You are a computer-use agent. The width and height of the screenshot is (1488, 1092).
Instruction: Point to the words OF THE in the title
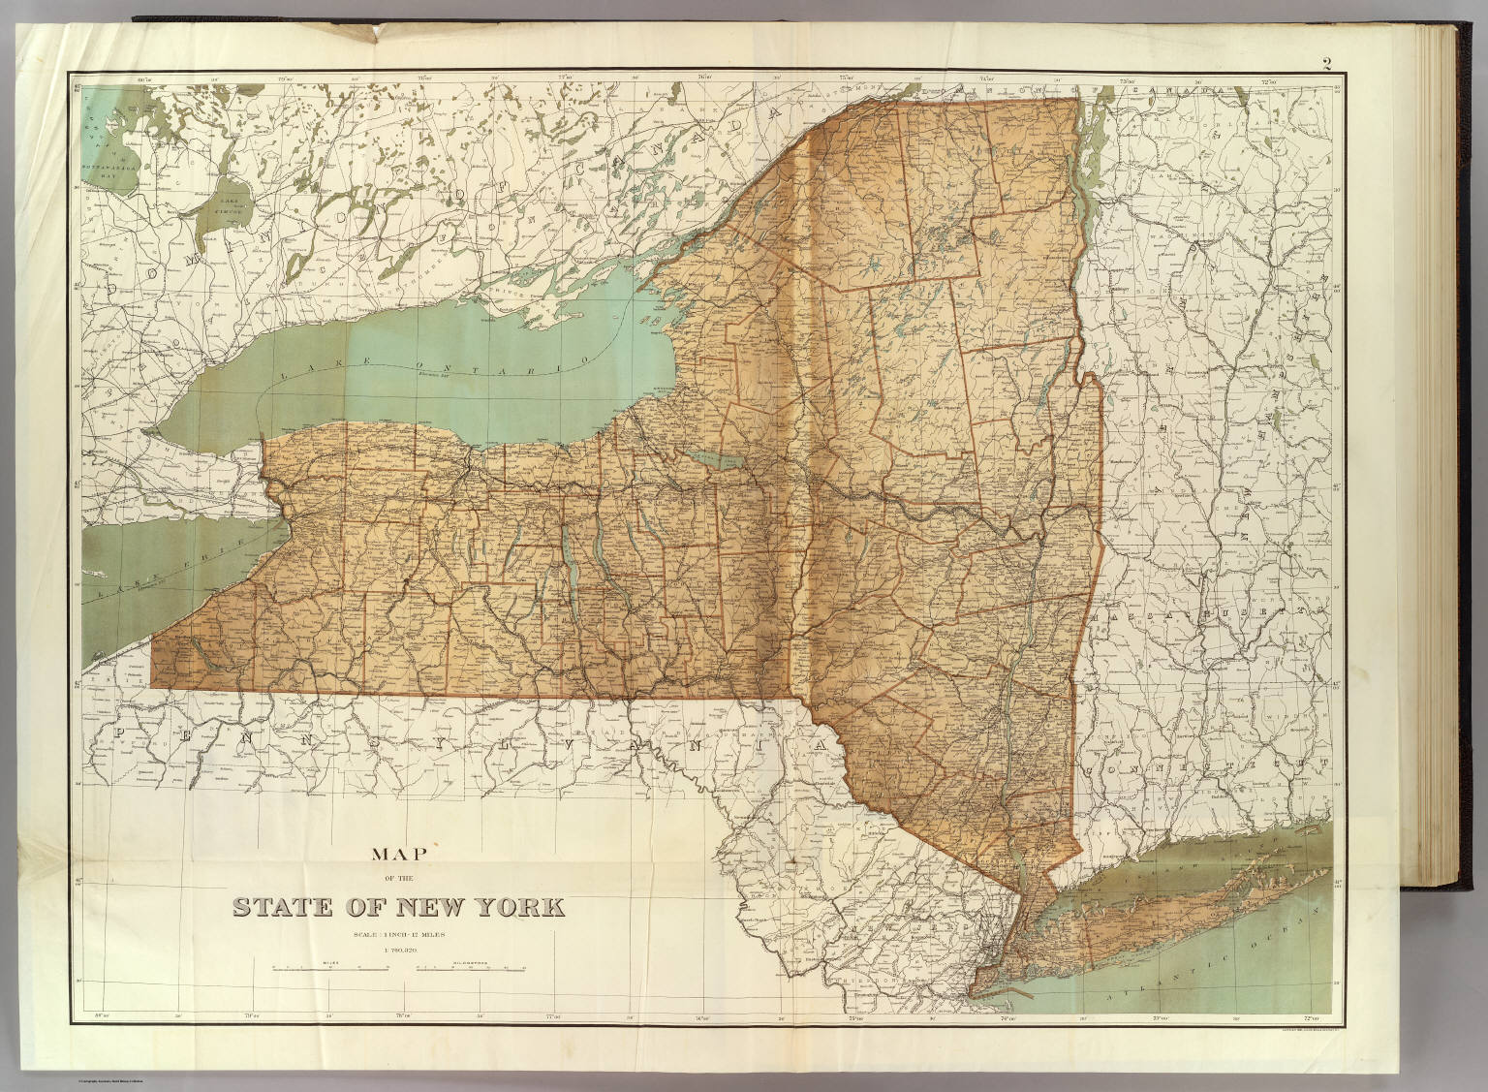(398, 882)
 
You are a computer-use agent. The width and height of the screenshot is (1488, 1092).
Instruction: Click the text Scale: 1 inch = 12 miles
(398, 933)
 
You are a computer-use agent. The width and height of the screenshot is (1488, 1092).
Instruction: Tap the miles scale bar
(324, 968)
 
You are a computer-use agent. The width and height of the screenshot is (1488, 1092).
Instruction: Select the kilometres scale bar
(471, 968)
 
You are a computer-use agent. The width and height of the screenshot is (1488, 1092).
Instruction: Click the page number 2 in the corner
(1324, 66)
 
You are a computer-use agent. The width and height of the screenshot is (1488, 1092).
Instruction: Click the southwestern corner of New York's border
(152, 695)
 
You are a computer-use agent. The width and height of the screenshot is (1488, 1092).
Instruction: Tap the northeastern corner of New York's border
(1078, 100)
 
